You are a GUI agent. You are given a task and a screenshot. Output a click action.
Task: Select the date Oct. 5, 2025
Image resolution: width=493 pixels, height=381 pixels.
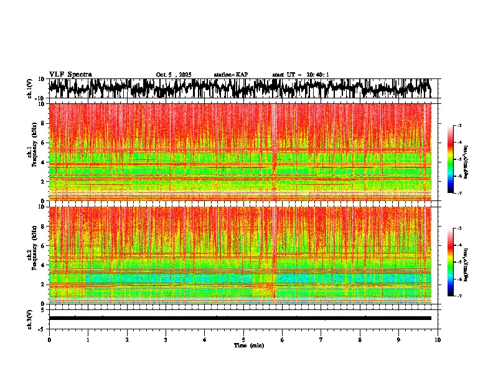[174, 75]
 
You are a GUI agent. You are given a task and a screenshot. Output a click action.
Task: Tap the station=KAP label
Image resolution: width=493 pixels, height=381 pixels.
[230, 75]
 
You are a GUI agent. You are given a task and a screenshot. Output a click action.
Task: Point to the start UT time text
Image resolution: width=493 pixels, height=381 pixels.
[301, 75]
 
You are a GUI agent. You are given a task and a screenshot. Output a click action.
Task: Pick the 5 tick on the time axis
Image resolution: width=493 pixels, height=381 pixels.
[243, 339]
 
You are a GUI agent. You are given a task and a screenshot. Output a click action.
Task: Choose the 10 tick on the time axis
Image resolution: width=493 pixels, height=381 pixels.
[438, 339]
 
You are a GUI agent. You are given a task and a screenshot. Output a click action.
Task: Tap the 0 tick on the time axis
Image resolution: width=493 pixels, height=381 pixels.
[49, 339]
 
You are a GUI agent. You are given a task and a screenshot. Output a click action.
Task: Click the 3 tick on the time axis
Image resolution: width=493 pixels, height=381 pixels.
[166, 339]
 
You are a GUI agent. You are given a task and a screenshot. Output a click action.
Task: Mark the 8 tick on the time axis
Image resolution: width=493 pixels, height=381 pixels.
[360, 339]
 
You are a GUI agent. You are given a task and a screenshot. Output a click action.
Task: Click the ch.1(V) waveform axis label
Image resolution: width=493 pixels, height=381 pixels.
[30, 89]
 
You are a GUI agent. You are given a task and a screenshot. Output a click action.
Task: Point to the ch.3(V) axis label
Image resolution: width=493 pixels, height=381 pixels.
[30, 318]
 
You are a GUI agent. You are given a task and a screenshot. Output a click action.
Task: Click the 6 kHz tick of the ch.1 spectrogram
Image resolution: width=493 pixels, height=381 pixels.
[44, 143]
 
